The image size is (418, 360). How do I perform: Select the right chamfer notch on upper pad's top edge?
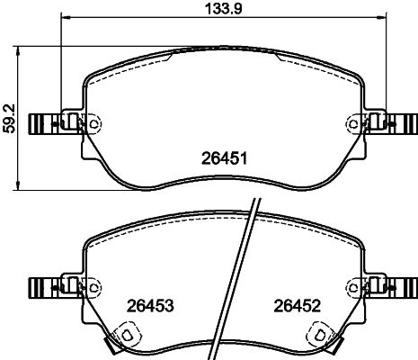pyautogui.click(x=280, y=60)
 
